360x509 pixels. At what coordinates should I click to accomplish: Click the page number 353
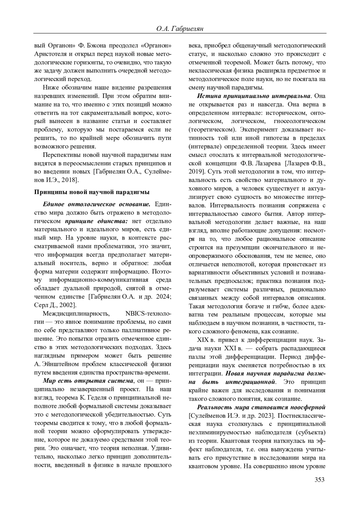319,480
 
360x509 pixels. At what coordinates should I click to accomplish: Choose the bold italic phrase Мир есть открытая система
88,381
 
